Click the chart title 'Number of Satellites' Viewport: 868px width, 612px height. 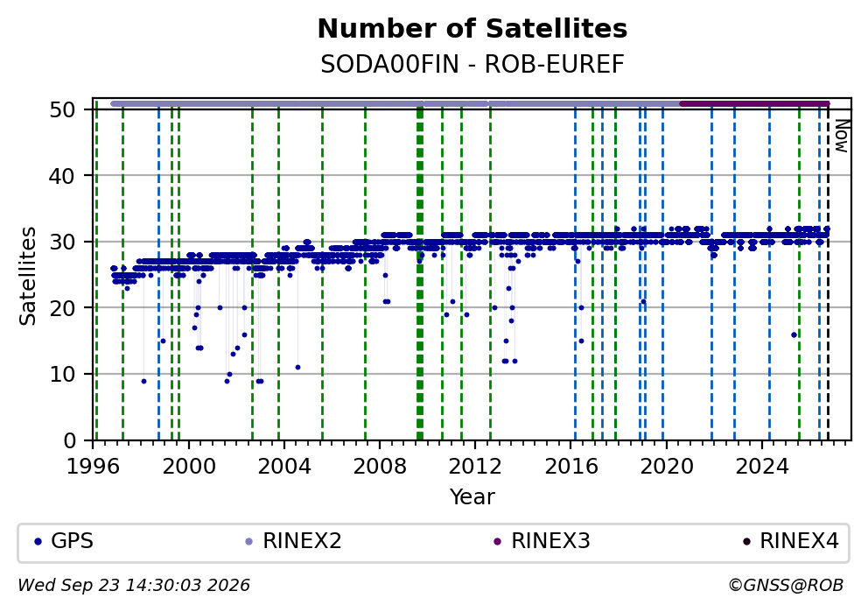472,29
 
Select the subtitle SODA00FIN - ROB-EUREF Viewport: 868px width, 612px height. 472,64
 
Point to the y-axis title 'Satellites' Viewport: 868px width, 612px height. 27,276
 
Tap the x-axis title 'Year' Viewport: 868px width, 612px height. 472,496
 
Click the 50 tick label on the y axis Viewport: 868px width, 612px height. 62,109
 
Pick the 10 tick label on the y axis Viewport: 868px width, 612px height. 62,375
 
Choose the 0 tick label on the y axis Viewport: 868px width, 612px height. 69,441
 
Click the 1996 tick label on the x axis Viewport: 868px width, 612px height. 93,467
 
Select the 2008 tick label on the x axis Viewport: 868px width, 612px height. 380,467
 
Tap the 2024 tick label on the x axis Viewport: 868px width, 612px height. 762,467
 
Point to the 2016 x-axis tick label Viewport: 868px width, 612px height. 571,467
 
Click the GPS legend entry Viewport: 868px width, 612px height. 64,541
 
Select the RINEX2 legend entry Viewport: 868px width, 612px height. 294,541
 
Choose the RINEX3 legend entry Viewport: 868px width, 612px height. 542,541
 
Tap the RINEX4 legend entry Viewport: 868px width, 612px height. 790,541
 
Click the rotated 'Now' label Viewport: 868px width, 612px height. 842,136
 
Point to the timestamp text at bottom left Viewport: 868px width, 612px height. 134,586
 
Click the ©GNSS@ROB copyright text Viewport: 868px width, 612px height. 786,586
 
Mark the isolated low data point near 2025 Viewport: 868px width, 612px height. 794,334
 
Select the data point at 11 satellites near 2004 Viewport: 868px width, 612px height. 297,367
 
